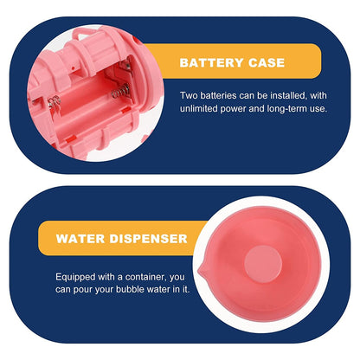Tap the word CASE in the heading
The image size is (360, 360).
267,62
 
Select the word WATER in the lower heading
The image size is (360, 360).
80,239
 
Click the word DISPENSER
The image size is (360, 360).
148,239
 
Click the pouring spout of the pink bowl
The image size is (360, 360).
202,270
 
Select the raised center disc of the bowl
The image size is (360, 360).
263,264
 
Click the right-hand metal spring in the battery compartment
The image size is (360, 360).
121,91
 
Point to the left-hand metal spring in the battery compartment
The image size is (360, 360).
55,103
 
